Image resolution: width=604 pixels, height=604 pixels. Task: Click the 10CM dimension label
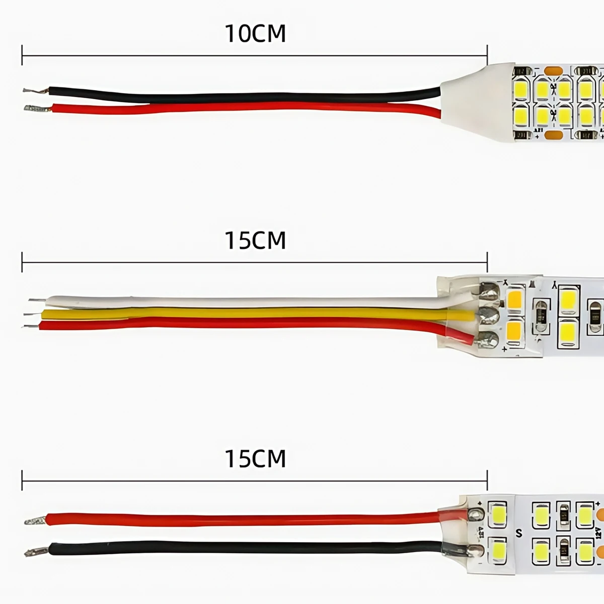point(255,33)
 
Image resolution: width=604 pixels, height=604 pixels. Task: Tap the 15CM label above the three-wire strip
point(255,240)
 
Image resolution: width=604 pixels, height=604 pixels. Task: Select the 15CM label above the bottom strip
point(255,459)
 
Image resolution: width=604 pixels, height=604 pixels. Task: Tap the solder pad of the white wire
point(489,291)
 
